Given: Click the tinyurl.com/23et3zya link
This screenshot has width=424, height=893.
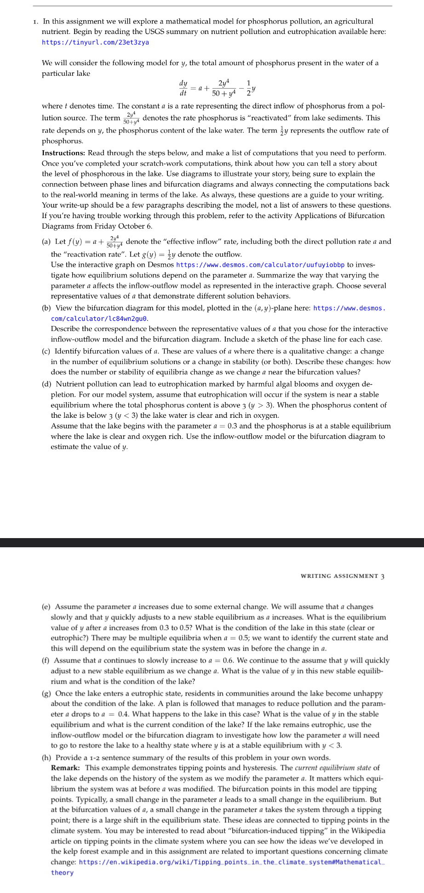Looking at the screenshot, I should point(95,42).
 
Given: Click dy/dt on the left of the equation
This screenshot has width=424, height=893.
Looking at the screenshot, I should point(183,88).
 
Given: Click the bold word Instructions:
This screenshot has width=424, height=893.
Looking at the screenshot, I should point(63,153).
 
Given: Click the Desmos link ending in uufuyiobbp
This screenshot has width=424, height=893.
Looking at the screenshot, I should point(260,265).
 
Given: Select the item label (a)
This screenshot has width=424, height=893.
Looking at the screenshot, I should point(46,242).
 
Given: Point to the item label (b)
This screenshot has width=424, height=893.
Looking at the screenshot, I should point(46,308).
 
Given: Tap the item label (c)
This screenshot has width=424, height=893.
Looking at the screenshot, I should point(46,351).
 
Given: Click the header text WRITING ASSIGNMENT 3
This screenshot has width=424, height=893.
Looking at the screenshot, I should point(342,576).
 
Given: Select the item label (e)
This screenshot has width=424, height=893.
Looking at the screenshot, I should point(46,607).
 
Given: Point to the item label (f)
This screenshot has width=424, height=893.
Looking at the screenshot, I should point(46,661).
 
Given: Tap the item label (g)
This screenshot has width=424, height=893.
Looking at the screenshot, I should point(46,693).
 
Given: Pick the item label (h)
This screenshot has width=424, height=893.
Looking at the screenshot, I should point(46,758).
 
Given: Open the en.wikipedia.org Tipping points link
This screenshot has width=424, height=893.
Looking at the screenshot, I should point(230,862).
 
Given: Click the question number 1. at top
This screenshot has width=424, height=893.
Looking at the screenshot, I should point(35,21).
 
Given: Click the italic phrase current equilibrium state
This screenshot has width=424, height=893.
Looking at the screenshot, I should point(332,768).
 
